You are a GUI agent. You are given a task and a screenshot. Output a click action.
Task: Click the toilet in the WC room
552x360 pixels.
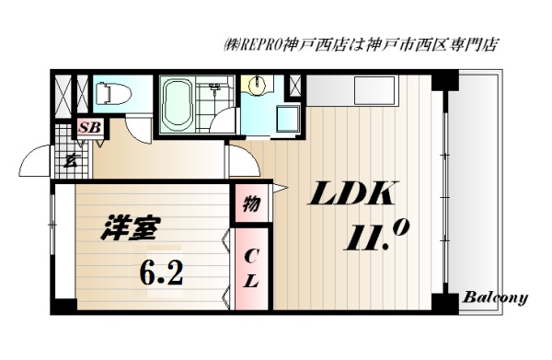(x=105, y=93)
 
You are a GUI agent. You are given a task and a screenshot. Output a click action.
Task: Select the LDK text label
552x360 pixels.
(x=351, y=195)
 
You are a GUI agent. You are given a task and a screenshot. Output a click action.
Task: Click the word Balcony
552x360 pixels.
(x=494, y=297)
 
